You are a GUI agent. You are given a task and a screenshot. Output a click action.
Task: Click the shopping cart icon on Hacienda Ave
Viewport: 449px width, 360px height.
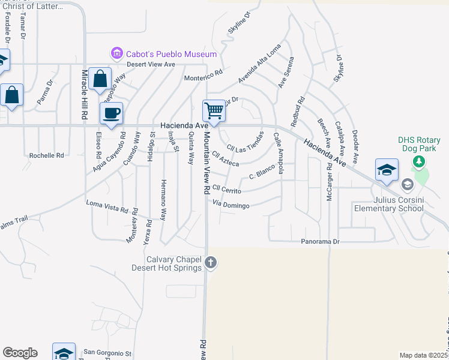point(214,111)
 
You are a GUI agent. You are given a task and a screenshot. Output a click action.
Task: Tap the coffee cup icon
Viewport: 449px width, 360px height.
point(111,113)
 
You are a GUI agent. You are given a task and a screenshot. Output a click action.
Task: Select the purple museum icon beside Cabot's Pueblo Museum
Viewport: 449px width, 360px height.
point(116,54)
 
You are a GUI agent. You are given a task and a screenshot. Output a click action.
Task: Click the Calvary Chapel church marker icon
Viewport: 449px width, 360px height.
point(210,262)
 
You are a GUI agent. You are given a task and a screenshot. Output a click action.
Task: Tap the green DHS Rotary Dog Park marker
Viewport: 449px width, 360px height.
point(419,161)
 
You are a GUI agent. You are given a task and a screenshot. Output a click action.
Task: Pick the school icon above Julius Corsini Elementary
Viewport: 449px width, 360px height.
point(387,170)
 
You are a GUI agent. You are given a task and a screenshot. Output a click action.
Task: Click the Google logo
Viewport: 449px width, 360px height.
point(20,353)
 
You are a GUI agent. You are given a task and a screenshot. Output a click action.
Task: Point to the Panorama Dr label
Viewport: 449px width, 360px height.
point(321,242)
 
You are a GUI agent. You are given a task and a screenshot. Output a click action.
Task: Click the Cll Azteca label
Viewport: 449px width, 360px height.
point(226,159)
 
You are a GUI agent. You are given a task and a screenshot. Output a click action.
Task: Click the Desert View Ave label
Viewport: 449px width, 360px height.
point(150,64)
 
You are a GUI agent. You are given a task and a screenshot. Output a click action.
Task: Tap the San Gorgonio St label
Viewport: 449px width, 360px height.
point(107,353)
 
